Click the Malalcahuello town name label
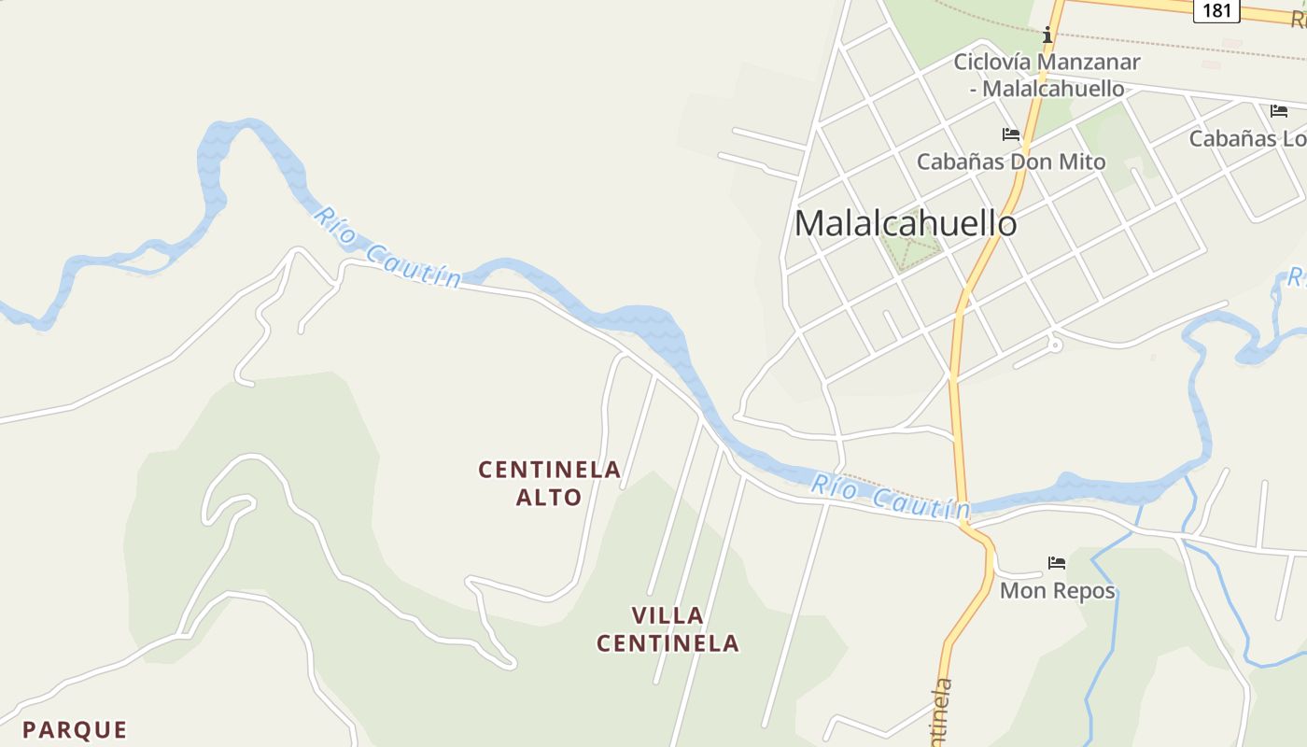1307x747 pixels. [905, 223]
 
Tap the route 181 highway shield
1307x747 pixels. [1216, 10]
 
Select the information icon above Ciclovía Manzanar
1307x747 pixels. [1047, 35]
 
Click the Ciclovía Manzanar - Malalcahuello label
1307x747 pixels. [1047, 76]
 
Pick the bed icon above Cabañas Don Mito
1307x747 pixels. [1010, 134]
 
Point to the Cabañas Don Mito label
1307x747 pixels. [1010, 162]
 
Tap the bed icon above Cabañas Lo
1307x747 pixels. [1278, 111]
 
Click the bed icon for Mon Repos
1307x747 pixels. [1056, 563]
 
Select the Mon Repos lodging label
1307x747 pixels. [1057, 591]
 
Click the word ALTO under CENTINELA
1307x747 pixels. [549, 498]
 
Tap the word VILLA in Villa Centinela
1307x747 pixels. [668, 615]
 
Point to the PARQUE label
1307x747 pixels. [75, 729]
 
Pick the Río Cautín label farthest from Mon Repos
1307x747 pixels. [387, 247]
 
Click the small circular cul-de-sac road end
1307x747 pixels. [1055, 345]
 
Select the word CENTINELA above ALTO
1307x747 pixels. [549, 470]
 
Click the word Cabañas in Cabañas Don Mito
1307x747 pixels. [957, 162]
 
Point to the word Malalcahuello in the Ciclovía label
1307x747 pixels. [1054, 89]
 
